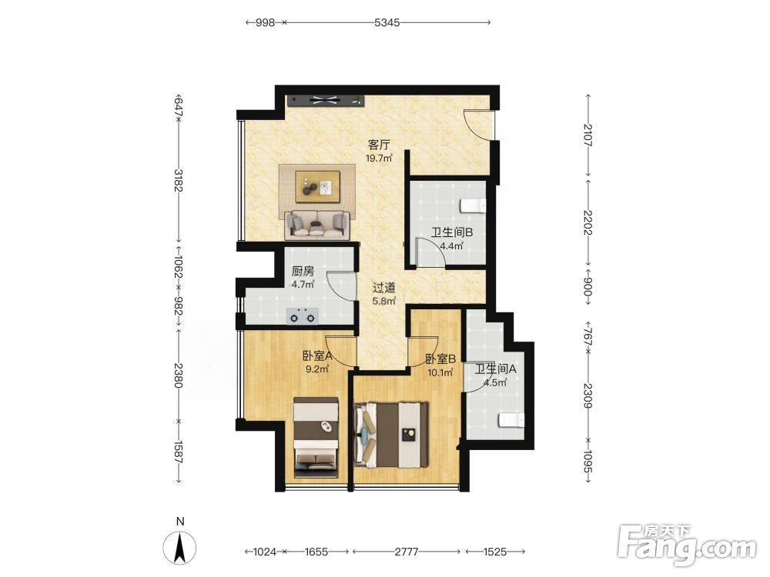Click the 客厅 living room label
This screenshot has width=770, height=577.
379,145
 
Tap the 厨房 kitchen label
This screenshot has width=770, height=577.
303,272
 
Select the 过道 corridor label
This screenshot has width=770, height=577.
384,288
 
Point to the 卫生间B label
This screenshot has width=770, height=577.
452,232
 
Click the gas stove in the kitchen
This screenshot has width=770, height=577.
303,316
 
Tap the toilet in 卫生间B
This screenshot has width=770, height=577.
474,206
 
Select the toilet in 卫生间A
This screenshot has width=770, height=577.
512,421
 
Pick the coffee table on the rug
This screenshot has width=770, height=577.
318,186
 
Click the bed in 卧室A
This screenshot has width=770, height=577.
316,438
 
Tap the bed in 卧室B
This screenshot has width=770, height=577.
391,435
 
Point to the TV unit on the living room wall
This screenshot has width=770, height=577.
326,101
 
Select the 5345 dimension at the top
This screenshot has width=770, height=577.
387,22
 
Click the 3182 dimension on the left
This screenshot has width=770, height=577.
179,181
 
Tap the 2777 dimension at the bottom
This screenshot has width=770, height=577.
407,552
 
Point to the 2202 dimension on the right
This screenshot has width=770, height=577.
588,222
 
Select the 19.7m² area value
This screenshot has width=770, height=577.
379,158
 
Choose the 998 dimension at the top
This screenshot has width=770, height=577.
265,22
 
